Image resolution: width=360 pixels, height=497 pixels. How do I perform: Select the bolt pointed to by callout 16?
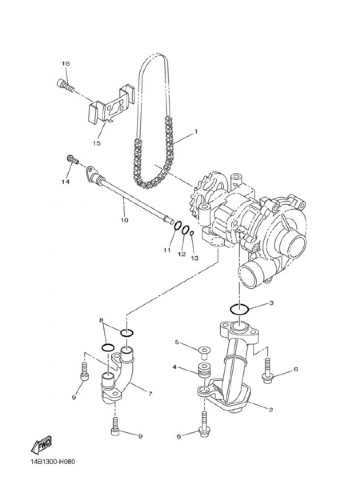[65, 85]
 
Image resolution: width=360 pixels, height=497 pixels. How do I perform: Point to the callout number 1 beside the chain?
[196, 131]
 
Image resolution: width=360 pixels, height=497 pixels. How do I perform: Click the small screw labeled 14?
[72, 159]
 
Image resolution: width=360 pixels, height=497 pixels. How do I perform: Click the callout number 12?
[181, 254]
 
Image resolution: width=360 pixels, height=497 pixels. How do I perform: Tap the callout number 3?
[271, 303]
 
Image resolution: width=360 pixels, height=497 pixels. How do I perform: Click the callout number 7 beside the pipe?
[150, 394]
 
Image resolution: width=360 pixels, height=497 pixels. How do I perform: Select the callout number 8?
[102, 320]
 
